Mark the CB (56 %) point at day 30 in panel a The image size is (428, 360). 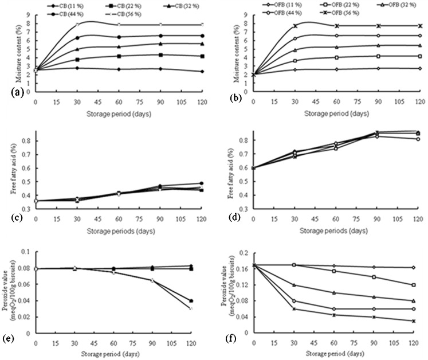point(77,25)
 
